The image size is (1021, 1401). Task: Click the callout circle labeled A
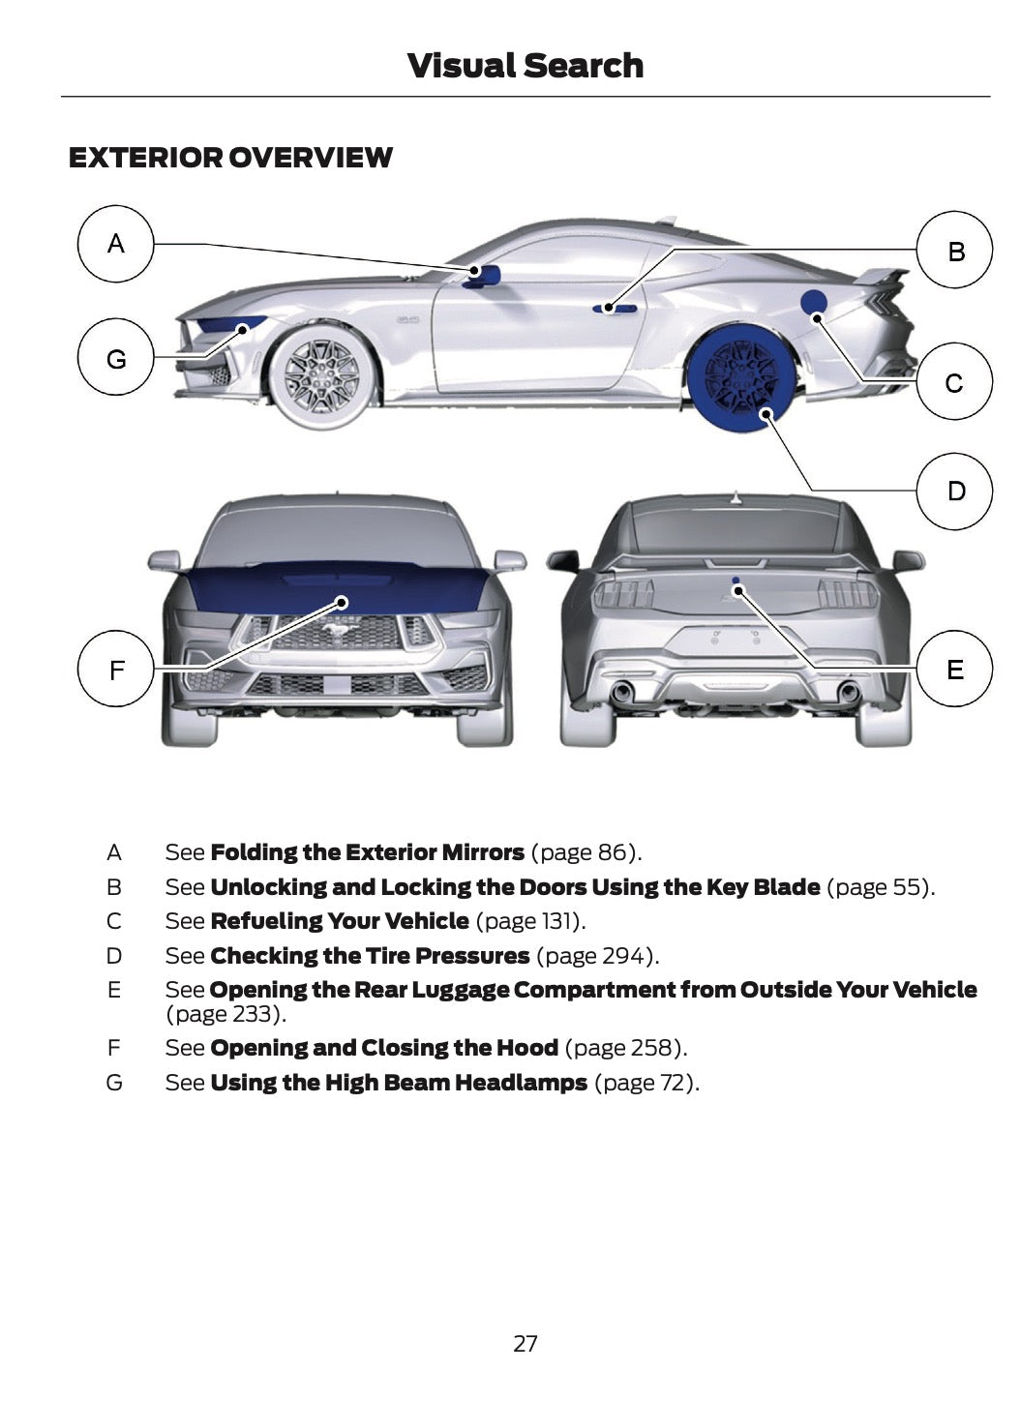pyautogui.click(x=116, y=244)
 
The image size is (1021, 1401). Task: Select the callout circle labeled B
pyautogui.click(x=954, y=251)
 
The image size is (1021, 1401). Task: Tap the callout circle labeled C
pyautogui.click(x=954, y=382)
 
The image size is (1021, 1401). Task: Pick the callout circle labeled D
pyautogui.click(x=954, y=491)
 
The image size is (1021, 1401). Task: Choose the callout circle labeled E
pyautogui.click(x=954, y=669)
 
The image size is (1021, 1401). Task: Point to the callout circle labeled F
pyautogui.click(x=116, y=669)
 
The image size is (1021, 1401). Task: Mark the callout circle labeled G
pyautogui.click(x=116, y=359)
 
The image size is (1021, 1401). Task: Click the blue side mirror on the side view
pyautogui.click(x=484, y=276)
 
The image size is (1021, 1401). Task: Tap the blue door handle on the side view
pyautogui.click(x=615, y=309)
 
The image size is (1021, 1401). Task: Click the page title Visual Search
pyautogui.click(x=525, y=66)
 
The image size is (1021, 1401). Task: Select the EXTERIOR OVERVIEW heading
pyautogui.click(x=230, y=158)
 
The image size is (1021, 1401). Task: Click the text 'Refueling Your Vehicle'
pyautogui.click(x=339, y=921)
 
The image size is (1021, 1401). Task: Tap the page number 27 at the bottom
pyautogui.click(x=525, y=1343)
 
